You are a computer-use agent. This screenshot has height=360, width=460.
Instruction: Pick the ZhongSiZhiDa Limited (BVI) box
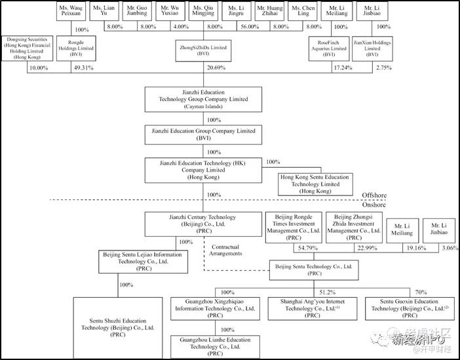tap(204, 48)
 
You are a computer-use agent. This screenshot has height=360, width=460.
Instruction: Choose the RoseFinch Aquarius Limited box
tap(328, 48)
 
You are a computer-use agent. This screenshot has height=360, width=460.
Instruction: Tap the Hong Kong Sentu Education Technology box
tap(315, 184)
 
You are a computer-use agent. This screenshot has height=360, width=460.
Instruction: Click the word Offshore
tap(375, 195)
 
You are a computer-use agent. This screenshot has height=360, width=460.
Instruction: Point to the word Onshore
tap(375, 204)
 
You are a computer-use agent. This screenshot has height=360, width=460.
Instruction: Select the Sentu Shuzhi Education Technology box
tap(117, 326)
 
